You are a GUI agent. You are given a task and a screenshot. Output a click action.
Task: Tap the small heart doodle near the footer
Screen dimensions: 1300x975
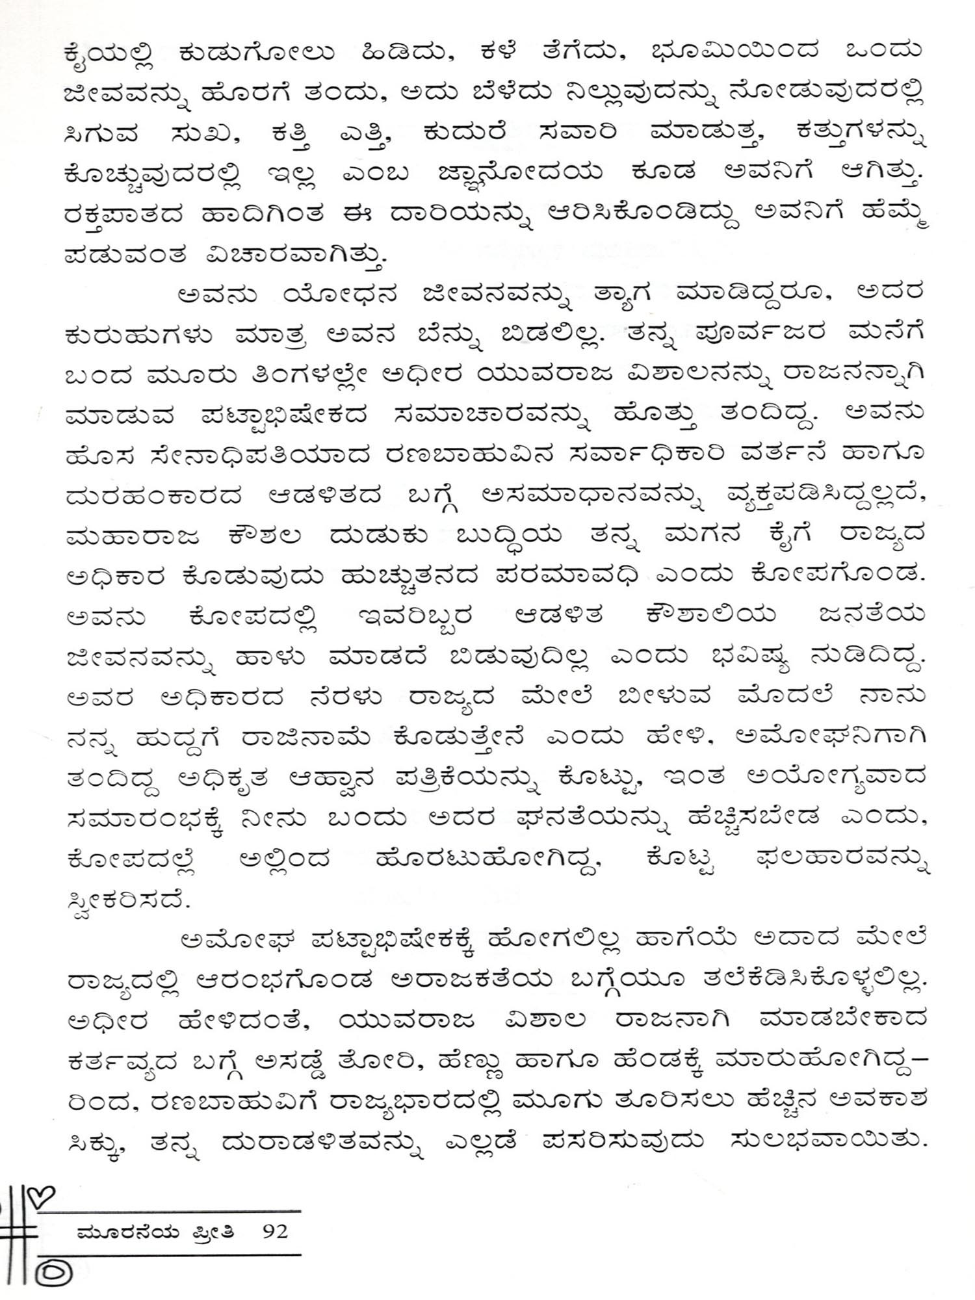tap(44, 1193)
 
